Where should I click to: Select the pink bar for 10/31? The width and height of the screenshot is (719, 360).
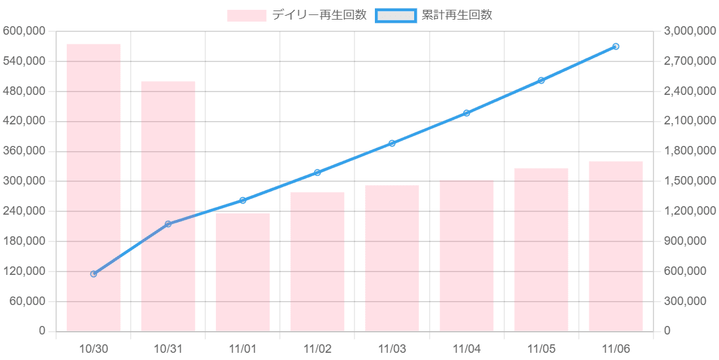tap(168, 206)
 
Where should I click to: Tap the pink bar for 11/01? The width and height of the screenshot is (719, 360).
tap(243, 272)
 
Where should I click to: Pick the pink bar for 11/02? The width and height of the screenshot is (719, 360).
tap(317, 261)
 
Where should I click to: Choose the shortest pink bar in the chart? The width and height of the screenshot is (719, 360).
tap(243, 272)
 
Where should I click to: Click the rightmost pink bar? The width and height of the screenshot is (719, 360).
tap(616, 245)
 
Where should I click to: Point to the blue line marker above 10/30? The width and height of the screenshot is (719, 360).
tap(94, 274)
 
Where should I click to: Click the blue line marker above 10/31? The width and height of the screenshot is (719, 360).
tap(168, 225)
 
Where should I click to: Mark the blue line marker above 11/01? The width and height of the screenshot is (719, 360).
tap(243, 200)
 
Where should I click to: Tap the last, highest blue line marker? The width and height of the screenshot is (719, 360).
tap(616, 46)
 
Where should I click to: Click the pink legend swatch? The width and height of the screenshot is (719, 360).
tap(247, 16)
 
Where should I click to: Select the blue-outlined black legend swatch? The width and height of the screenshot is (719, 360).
tap(395, 16)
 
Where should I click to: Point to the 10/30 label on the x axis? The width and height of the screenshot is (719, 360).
tap(94, 346)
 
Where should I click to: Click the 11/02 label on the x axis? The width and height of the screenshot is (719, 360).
tap(317, 346)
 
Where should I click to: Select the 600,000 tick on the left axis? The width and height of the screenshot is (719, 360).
tap(25, 31)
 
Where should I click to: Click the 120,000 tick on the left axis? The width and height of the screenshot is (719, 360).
tap(25, 271)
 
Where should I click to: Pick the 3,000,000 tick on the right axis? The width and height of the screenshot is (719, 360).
tap(690, 31)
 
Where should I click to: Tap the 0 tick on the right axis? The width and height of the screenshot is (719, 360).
tap(668, 331)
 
